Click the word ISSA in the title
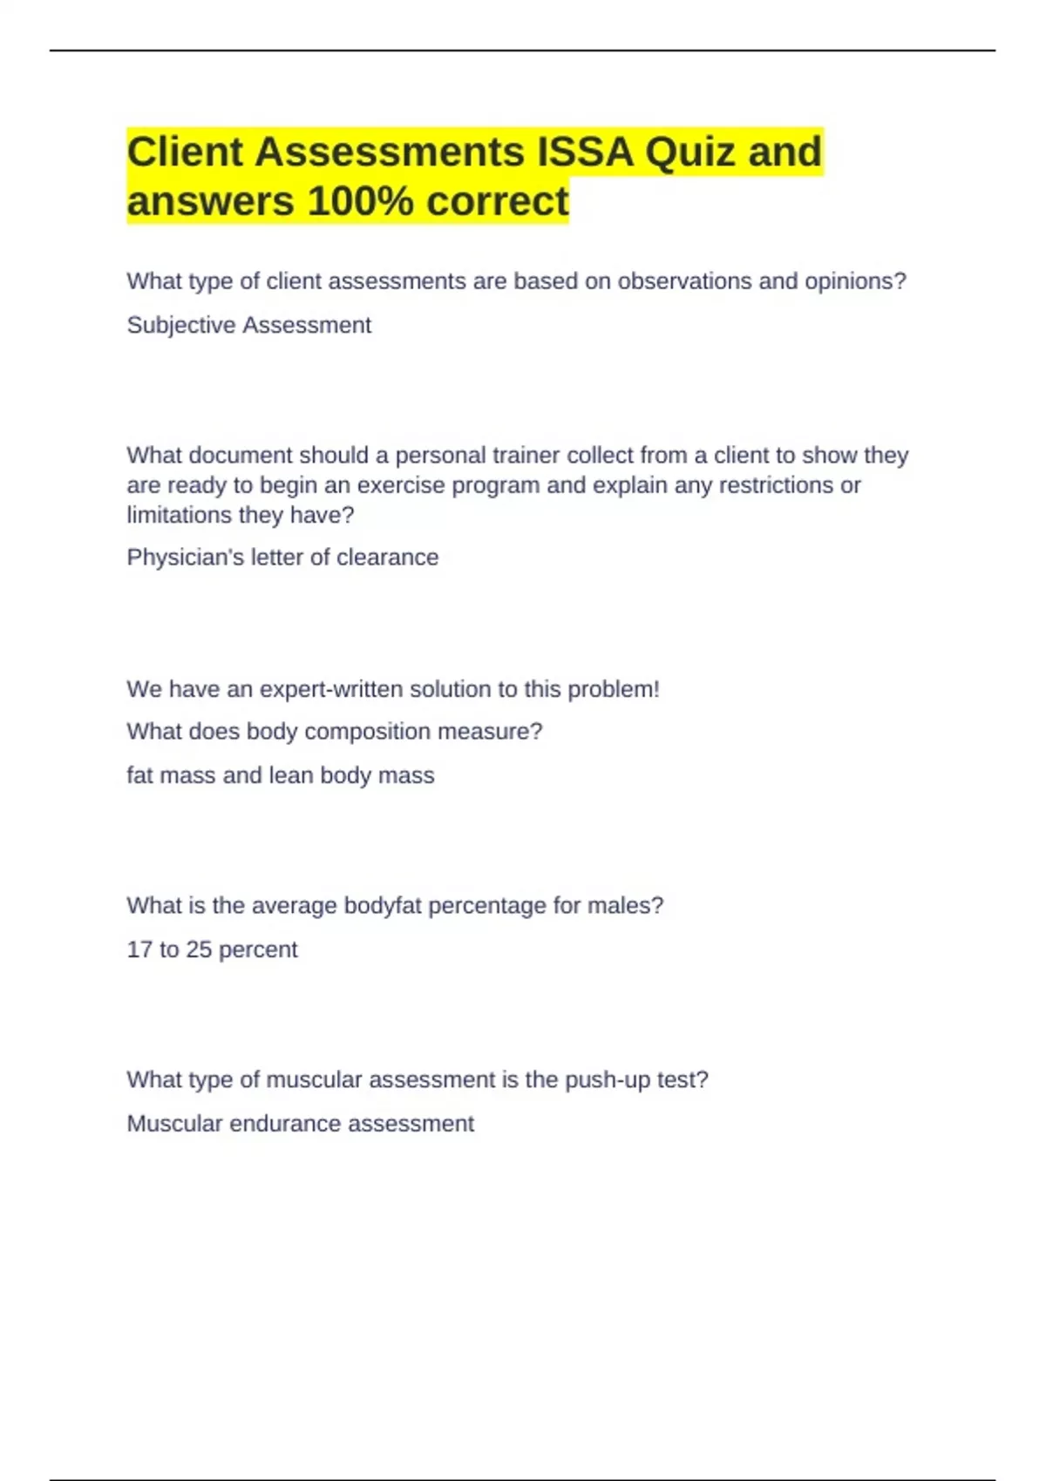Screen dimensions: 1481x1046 [585, 152]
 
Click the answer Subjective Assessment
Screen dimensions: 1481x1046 [248, 325]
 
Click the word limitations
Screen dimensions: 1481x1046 [179, 515]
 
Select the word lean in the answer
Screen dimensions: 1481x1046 [290, 775]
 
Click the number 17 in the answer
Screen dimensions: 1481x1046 [139, 950]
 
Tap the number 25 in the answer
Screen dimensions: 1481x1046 [199, 950]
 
